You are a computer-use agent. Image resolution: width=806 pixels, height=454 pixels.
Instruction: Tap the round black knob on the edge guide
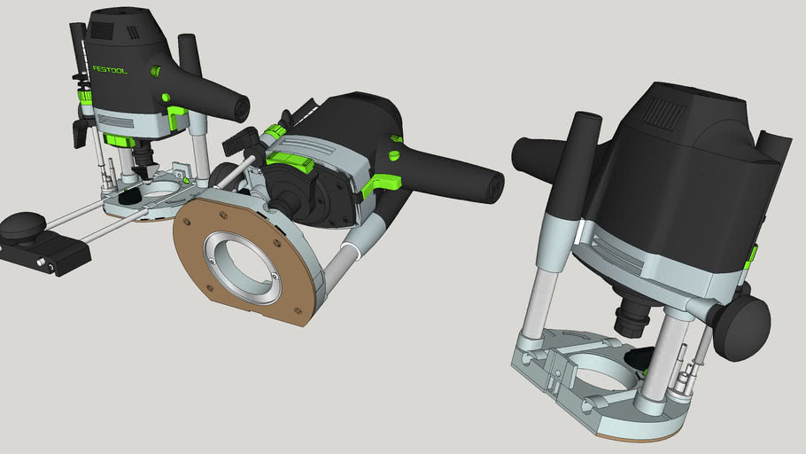[x=21, y=226]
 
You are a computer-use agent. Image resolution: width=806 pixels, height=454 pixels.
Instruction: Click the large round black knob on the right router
[x=742, y=327]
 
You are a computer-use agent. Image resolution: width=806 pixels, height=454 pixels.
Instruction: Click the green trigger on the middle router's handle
[x=379, y=185]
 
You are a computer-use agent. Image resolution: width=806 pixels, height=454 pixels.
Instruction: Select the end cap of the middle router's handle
[x=492, y=184]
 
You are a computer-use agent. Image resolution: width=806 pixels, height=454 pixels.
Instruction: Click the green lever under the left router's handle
[x=177, y=115]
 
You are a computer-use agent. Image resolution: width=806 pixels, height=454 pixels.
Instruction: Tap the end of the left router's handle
[x=239, y=108]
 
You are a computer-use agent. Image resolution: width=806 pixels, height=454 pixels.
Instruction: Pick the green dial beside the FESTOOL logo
[x=157, y=70]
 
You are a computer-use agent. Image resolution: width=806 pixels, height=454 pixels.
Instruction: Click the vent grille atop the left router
[x=103, y=29]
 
